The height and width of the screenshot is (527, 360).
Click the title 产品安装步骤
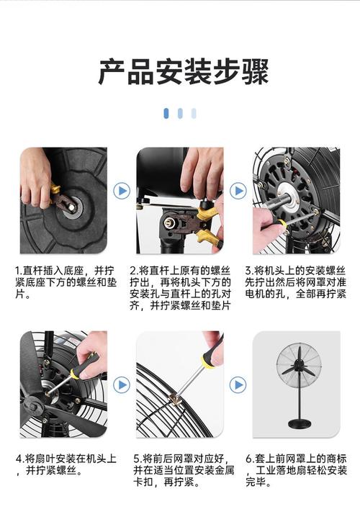184,71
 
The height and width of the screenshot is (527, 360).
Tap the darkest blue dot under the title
166,113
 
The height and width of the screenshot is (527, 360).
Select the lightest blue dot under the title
194,113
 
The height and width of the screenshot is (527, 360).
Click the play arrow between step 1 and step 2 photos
122,191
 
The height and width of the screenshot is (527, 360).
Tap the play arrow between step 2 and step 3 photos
238,191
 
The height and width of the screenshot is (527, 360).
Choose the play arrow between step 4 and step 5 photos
122,384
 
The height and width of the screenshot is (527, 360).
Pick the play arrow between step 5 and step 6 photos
238,384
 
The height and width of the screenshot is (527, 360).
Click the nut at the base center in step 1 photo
72,207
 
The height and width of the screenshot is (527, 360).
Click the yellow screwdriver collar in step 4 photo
75,373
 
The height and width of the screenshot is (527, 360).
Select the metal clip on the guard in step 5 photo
175,400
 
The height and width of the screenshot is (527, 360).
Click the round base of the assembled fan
299,424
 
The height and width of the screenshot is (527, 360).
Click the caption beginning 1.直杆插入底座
66,282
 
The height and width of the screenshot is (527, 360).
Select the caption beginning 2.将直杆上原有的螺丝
181,288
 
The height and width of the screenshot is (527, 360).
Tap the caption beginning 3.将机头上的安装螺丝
295,282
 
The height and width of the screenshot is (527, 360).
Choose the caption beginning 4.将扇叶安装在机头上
66,465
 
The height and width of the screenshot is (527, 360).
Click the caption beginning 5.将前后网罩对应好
184,471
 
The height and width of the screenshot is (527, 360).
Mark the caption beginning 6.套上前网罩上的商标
296,471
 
